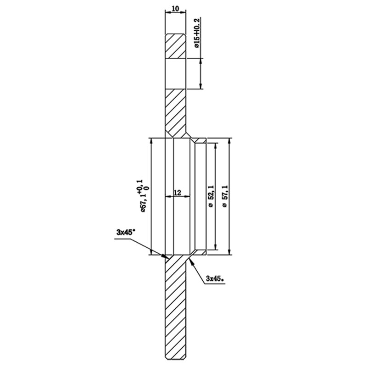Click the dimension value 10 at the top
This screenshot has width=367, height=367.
[x=176, y=8]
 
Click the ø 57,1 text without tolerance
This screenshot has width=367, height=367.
[x=224, y=196]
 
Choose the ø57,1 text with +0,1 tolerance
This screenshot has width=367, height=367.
[x=139, y=195]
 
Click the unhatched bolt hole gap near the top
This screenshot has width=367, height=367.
[x=176, y=73]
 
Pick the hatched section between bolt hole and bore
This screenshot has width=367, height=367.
[x=176, y=110]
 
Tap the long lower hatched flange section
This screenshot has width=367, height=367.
[x=176, y=307]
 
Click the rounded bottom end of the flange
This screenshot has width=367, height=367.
[x=176, y=359]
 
